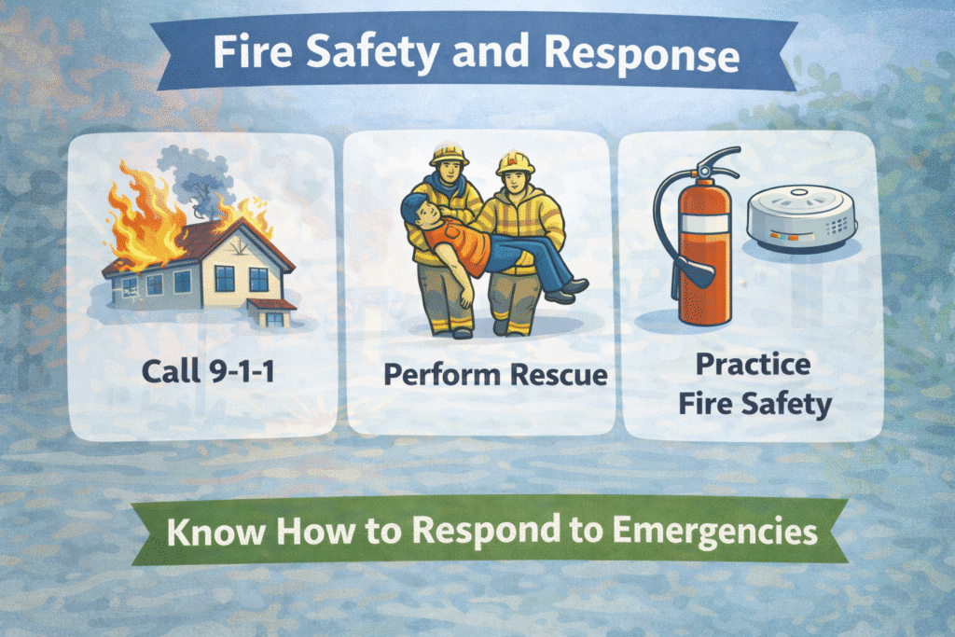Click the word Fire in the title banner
[x=244, y=55]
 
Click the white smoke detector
[x=802, y=220]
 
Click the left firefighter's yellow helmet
[x=449, y=153]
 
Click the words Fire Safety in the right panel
[x=752, y=406]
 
